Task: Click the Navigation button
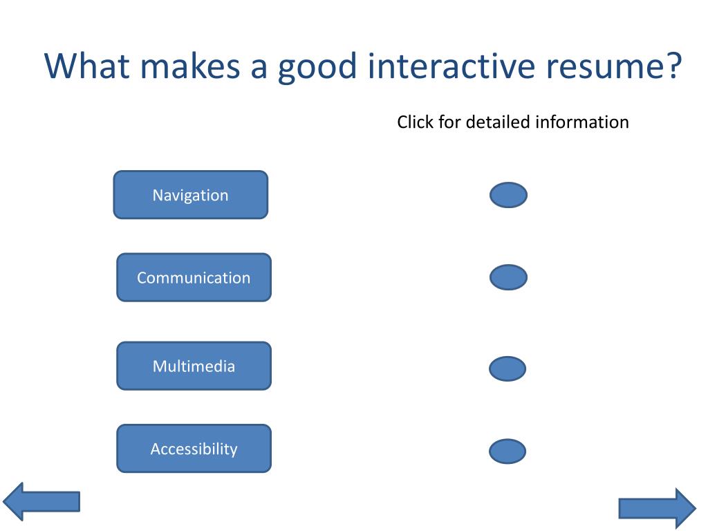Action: point(191,194)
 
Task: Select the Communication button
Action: point(194,277)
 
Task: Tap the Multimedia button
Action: point(194,366)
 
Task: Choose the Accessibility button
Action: point(194,448)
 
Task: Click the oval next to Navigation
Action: point(508,195)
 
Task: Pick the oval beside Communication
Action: point(508,277)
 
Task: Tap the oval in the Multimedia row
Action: point(507,369)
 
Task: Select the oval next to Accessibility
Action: point(507,451)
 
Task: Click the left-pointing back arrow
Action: point(41,502)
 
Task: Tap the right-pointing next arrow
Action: point(658,508)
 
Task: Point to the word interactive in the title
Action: point(451,66)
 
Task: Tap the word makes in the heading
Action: point(190,66)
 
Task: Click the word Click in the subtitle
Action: point(415,122)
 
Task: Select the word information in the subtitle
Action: point(582,122)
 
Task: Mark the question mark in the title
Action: point(673,66)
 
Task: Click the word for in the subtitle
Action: point(449,122)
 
